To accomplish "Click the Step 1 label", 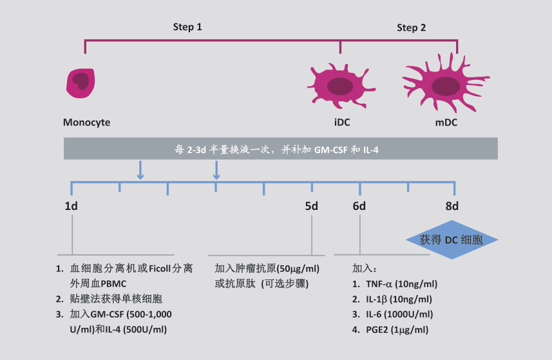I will [187, 27].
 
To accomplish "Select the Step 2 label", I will [411, 28].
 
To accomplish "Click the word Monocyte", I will [87, 122].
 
